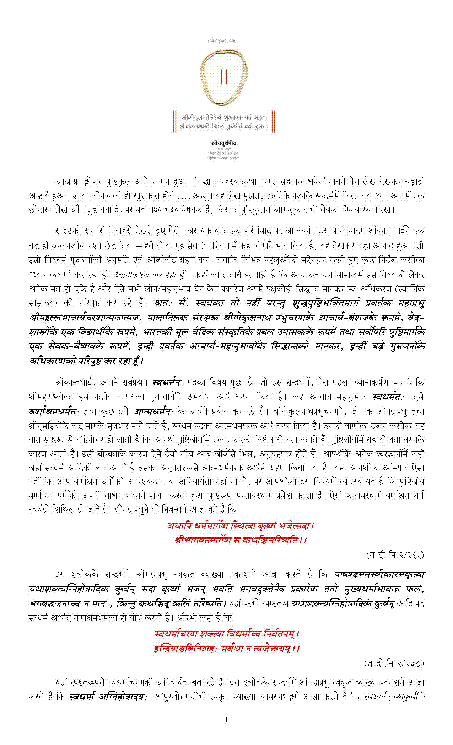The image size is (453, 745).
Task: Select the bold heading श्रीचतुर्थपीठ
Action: click(223, 143)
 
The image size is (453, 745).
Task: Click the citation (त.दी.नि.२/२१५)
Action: click(394, 555)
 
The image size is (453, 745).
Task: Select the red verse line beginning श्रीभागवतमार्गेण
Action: click(241, 540)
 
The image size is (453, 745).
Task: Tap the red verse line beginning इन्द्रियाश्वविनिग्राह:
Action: click(227, 648)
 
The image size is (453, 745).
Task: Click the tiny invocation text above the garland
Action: click(224, 41)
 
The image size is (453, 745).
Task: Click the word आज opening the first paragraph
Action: click(63, 182)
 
